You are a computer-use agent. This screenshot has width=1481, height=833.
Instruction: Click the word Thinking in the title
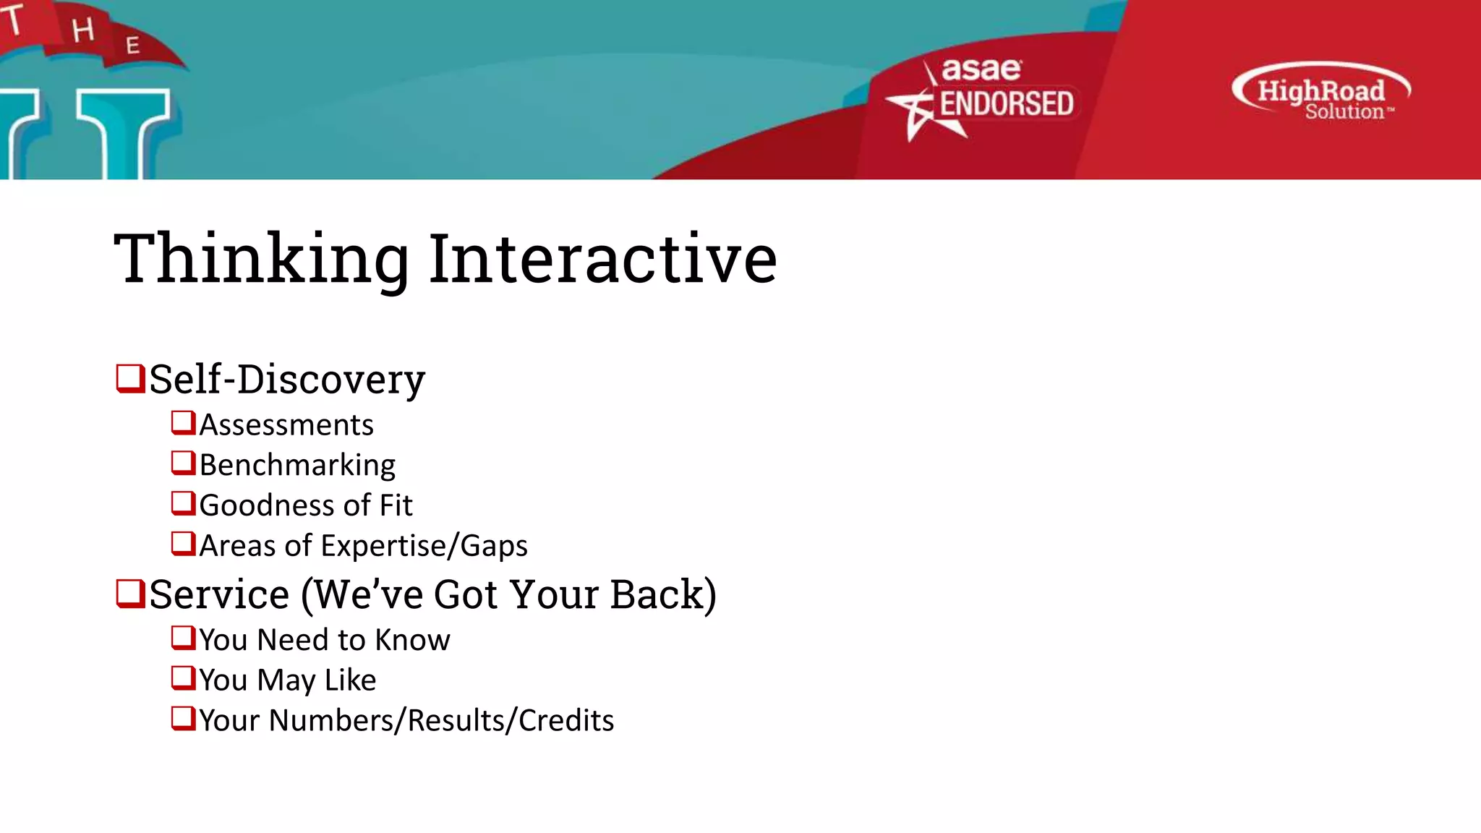tap(262, 259)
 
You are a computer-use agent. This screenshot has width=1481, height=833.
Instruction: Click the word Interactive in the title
tap(602, 259)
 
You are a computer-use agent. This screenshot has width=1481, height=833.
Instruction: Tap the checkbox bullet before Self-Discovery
tap(130, 378)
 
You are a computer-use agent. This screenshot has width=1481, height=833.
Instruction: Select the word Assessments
tap(286, 425)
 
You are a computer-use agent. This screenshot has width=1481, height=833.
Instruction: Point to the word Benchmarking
tap(297, 465)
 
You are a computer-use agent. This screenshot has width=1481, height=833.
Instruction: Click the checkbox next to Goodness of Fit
tap(183, 503)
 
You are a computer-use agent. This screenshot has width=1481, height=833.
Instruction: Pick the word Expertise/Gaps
tap(424, 546)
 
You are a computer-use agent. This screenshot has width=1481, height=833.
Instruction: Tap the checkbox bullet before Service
tap(130, 594)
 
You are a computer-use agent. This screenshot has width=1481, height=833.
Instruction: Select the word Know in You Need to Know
tap(412, 640)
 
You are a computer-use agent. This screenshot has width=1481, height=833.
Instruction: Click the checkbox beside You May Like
tap(183, 678)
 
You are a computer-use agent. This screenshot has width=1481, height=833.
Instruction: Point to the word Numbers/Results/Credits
tap(441, 721)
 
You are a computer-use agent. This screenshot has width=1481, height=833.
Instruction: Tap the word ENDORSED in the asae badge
tap(1006, 104)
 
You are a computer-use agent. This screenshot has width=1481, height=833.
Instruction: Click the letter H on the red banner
tap(82, 30)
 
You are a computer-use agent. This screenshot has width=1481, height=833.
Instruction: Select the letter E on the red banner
tap(132, 46)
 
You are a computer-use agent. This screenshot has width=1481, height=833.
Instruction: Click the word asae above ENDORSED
tap(981, 70)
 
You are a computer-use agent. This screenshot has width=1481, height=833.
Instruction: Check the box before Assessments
tap(183, 422)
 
